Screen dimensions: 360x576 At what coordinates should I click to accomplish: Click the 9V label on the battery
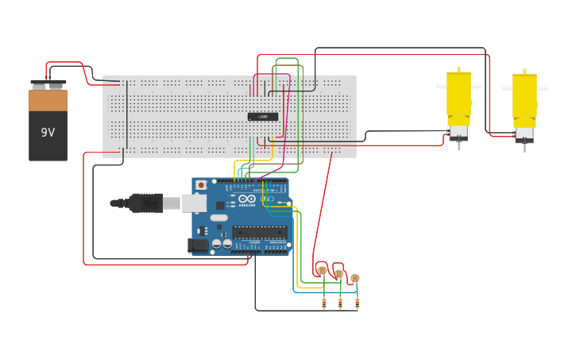[48, 133]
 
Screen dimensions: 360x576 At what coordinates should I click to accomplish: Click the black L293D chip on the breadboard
[263, 117]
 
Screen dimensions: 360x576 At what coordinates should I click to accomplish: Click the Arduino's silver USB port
[194, 203]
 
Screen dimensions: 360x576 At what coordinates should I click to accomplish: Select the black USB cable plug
[146, 203]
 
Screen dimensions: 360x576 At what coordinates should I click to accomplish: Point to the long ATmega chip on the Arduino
[259, 232]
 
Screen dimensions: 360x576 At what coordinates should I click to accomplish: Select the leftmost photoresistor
[322, 271]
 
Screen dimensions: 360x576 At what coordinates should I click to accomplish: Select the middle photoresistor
[338, 274]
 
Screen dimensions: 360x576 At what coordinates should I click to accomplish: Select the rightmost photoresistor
[355, 278]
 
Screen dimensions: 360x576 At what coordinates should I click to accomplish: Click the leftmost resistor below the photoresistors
[324, 303]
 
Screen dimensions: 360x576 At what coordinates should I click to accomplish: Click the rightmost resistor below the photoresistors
[357, 303]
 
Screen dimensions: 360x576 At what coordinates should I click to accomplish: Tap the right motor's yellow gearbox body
[524, 99]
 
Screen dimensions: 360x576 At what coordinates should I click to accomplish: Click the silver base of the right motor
[524, 134]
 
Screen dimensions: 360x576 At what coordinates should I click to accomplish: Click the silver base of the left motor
[458, 132]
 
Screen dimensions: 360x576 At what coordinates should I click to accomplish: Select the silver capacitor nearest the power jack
[215, 243]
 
